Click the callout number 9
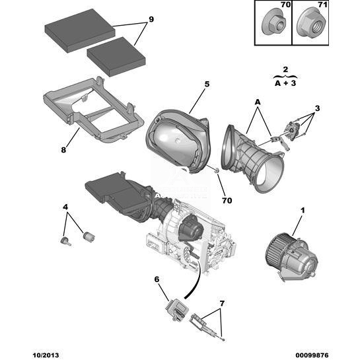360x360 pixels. click(151, 20)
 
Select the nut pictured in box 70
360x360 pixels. click(274, 23)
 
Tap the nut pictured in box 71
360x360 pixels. click(311, 23)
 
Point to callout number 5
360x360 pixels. click(207, 85)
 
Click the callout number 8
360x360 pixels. click(63, 150)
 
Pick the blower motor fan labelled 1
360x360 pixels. click(291, 256)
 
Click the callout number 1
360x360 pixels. click(303, 210)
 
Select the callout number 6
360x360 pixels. click(157, 279)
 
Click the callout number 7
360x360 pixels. click(221, 303)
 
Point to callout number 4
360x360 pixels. click(65, 207)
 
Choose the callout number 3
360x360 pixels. click(317, 108)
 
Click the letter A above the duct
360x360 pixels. click(258, 102)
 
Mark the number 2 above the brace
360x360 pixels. click(285, 69)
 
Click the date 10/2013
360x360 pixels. click(45, 355)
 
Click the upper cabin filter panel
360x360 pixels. click(80, 30)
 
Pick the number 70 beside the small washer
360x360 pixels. click(227, 201)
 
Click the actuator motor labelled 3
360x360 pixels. click(292, 130)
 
